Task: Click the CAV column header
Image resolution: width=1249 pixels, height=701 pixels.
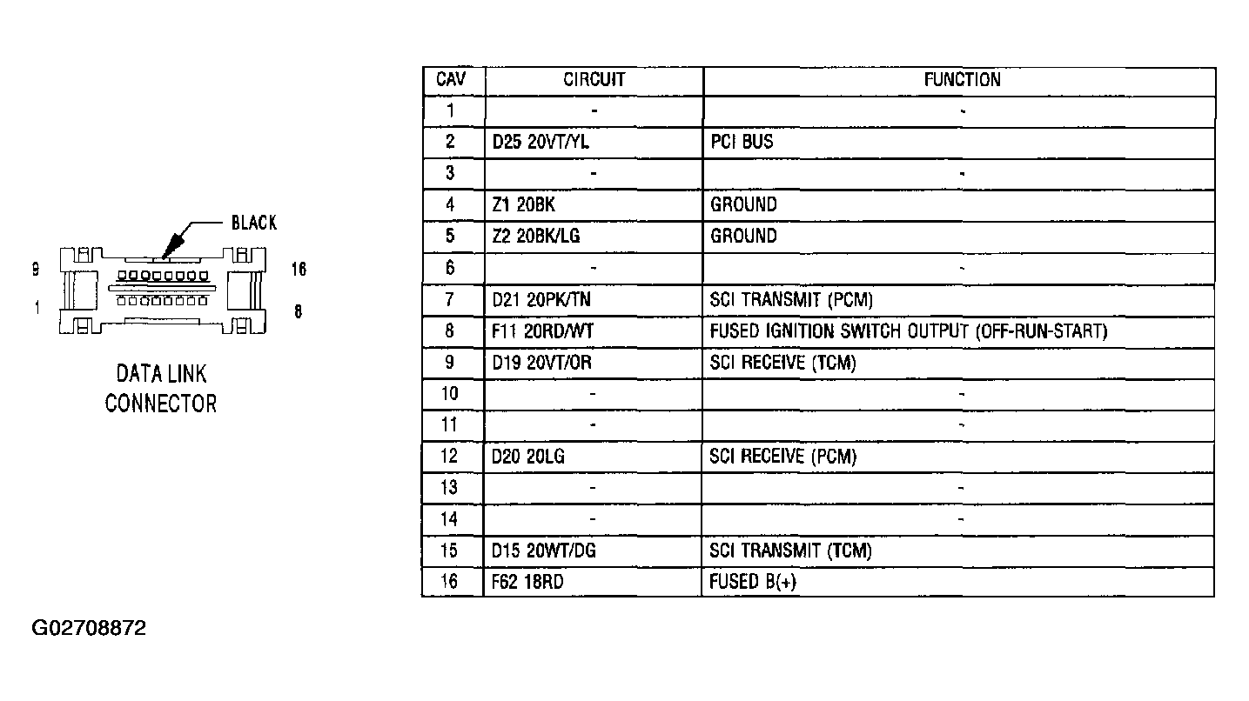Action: pos(451,80)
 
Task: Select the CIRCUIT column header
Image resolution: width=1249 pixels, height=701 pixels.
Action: pos(594,80)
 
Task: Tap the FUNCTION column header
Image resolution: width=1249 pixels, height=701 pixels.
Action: pos(963,80)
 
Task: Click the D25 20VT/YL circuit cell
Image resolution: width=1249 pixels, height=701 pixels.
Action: pos(541,142)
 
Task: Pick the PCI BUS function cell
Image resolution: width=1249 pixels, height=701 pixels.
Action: pos(742,142)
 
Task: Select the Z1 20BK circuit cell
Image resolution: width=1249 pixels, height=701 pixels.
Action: pos(524,205)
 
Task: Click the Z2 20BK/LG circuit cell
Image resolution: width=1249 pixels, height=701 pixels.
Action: pos(536,237)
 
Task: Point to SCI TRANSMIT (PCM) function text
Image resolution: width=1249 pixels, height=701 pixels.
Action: pos(791,300)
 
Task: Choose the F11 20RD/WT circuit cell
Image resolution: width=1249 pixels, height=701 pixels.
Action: pos(542,331)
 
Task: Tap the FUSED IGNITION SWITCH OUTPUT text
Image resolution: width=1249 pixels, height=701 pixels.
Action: pos(839,331)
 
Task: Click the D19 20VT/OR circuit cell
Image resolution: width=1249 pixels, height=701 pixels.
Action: pos(541,363)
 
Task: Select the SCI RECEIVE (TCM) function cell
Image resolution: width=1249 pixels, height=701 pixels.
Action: pos(782,363)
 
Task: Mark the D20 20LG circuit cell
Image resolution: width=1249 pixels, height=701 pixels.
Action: pos(528,457)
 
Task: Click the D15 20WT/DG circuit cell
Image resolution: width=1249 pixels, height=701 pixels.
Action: pos(544,551)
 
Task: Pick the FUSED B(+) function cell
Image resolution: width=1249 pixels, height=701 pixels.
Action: pos(753,583)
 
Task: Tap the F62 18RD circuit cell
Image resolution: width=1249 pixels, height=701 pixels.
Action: pos(527,583)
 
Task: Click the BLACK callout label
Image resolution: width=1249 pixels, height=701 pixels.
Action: pos(254,223)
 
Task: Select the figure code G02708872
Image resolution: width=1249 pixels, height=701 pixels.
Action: pos(89,628)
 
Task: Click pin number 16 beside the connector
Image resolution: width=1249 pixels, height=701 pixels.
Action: pos(299,270)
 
